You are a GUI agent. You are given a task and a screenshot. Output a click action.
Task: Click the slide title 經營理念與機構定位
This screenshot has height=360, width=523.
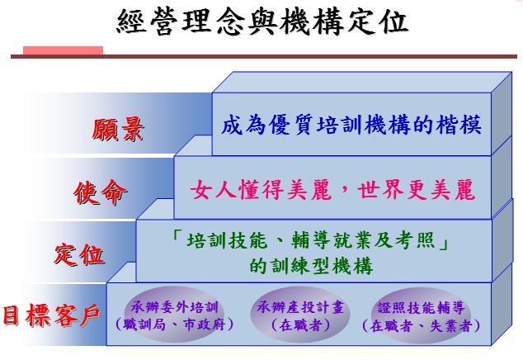tap(262, 21)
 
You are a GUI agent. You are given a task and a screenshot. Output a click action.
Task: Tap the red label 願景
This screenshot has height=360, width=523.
tap(118, 130)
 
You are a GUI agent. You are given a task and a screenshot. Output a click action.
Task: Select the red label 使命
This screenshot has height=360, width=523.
tap(100, 192)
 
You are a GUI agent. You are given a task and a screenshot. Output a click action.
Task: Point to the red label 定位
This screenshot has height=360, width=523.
tap(79, 254)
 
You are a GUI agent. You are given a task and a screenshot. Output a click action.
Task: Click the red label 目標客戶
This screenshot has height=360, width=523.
tap(51, 315)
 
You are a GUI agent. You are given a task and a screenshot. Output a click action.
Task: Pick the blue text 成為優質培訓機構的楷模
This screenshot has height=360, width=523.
tap(351, 125)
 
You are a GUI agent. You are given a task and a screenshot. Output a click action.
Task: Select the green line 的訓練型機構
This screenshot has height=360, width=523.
tap(311, 266)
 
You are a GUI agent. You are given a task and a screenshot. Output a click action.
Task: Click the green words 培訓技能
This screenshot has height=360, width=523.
tap(227, 240)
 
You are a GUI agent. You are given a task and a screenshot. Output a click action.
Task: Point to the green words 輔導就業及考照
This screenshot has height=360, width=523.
tap(363, 240)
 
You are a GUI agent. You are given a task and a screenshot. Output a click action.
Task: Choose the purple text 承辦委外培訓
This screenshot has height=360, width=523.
tap(174, 307)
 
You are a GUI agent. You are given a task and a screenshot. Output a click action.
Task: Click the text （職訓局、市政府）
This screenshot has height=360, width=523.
tap(174, 324)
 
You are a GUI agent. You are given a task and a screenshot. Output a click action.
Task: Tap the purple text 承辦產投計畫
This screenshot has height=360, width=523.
tap(300, 307)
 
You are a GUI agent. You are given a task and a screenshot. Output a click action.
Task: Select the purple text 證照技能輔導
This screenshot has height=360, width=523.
tap(421, 307)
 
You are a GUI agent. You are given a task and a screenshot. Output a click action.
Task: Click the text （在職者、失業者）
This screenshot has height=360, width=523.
tap(421, 325)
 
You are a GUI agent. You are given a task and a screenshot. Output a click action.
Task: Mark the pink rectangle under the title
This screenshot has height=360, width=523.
tap(63, 50)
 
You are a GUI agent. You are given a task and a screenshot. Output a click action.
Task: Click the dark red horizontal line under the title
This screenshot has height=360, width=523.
tap(264, 57)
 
